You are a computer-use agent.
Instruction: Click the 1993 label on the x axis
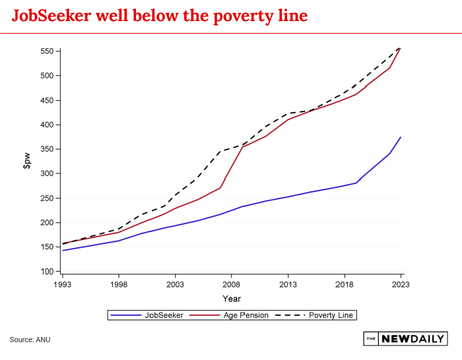click(62, 285)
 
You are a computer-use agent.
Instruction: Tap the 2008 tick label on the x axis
click(232, 285)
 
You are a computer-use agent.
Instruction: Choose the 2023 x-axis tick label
click(401, 285)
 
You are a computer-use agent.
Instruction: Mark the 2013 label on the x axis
click(288, 285)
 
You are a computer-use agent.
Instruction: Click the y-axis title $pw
click(26, 161)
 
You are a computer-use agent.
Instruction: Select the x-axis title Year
click(232, 298)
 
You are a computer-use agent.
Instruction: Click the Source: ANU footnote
click(30, 340)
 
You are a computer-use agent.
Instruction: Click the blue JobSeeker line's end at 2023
click(401, 137)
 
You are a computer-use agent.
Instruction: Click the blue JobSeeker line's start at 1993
click(63, 251)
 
